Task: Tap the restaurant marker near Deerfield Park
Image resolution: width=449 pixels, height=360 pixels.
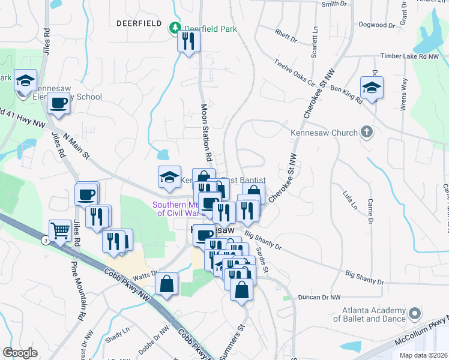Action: pyautogui.click(x=188, y=41)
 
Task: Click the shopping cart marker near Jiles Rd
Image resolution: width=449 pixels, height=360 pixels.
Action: pyautogui.click(x=59, y=231)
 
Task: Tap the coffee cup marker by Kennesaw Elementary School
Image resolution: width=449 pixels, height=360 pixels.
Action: pyautogui.click(x=58, y=103)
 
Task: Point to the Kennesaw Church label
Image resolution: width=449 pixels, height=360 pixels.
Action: pyautogui.click(x=325, y=133)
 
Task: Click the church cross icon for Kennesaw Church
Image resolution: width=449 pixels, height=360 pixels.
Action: pyautogui.click(x=366, y=133)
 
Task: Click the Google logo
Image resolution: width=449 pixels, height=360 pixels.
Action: pyautogui.click(x=20, y=352)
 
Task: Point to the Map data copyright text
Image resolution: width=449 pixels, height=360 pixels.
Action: pyautogui.click(x=423, y=355)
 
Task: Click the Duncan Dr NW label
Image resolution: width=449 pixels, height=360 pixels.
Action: pyautogui.click(x=319, y=297)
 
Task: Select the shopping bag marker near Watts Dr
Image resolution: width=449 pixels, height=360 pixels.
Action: pyautogui.click(x=166, y=284)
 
